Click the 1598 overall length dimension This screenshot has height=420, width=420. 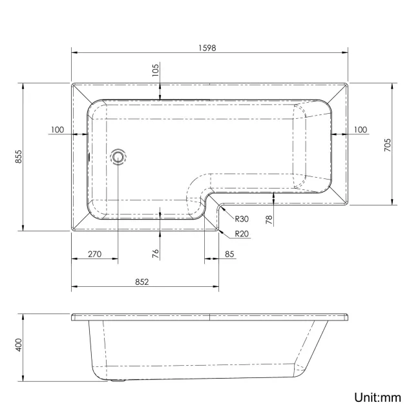tap(205, 47)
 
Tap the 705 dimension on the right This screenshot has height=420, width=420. tap(388, 145)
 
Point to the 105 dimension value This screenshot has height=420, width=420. tap(156, 71)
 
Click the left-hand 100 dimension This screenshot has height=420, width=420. tap(56, 130)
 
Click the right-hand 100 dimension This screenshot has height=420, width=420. tap(359, 130)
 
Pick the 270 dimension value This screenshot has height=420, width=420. tap(94, 254)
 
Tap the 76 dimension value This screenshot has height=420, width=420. tap(156, 253)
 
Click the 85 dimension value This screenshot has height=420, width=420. tap(230, 254)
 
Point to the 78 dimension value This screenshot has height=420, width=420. tap(269, 218)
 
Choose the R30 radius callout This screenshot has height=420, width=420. tap(242, 218)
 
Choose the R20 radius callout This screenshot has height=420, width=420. tap(242, 233)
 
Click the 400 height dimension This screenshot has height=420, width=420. tap(19, 346)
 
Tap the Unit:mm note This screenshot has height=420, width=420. tap(377, 397)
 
